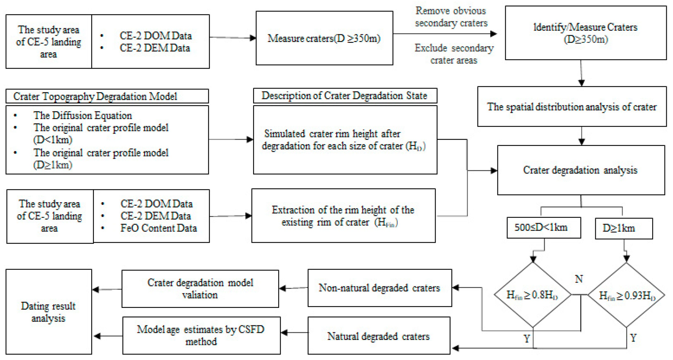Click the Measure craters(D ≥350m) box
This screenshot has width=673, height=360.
point(324,38)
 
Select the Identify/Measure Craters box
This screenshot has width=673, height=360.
point(586,33)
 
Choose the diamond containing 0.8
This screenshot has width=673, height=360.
point(532,295)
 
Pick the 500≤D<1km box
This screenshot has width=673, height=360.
point(543,227)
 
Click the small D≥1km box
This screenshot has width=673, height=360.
point(623,228)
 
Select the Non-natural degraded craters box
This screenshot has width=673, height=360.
point(379,288)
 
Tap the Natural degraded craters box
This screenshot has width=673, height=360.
point(379,336)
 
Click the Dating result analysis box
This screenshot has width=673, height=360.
point(49,312)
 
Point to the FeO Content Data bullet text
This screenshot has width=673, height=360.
point(158,228)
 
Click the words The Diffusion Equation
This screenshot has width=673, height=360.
point(82,115)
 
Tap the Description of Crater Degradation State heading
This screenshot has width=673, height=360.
point(345,96)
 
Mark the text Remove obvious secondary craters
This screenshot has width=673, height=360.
point(451,17)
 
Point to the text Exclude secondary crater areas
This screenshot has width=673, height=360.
point(454,54)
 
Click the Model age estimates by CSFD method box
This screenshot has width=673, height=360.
point(201,335)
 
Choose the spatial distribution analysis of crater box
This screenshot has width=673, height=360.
point(572,107)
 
